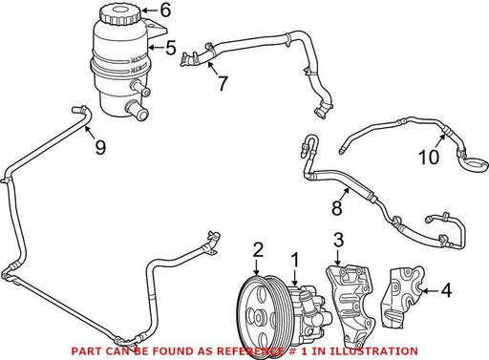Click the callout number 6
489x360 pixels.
point(165,11)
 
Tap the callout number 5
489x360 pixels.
point(171,48)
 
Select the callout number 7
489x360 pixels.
point(223,83)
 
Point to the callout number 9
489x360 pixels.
point(100,147)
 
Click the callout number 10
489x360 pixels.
point(429,157)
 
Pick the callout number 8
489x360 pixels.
point(337,208)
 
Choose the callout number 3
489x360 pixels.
point(338,240)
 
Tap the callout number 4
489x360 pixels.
point(446,290)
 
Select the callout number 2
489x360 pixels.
point(258,250)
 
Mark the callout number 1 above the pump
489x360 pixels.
point(296,260)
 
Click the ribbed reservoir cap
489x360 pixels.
point(120,14)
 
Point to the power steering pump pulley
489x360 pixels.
point(256,317)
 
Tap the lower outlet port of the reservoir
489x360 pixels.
point(138,110)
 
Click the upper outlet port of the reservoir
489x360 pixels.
point(140,89)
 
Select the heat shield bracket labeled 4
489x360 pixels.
point(402,298)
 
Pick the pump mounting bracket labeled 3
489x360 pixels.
point(350,306)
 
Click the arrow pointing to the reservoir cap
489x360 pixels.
point(150,11)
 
